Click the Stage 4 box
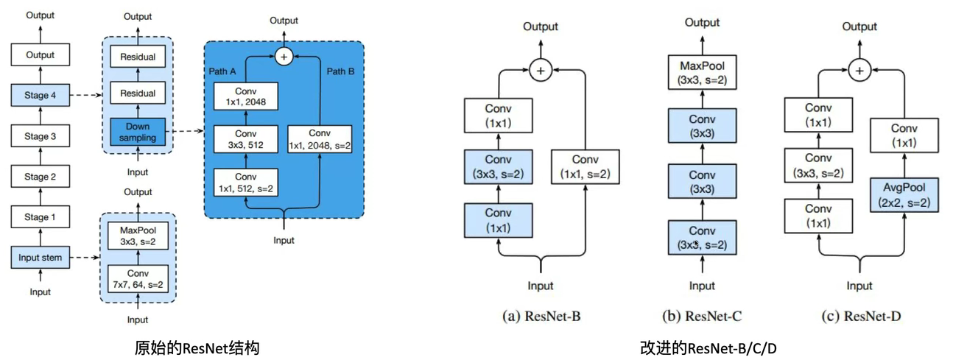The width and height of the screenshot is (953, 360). coord(40,95)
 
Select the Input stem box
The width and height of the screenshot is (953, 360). coord(40,257)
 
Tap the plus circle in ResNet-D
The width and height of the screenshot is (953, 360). coord(859,70)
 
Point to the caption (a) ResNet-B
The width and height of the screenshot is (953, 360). coord(542,317)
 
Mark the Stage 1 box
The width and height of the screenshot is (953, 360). coord(40,217)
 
